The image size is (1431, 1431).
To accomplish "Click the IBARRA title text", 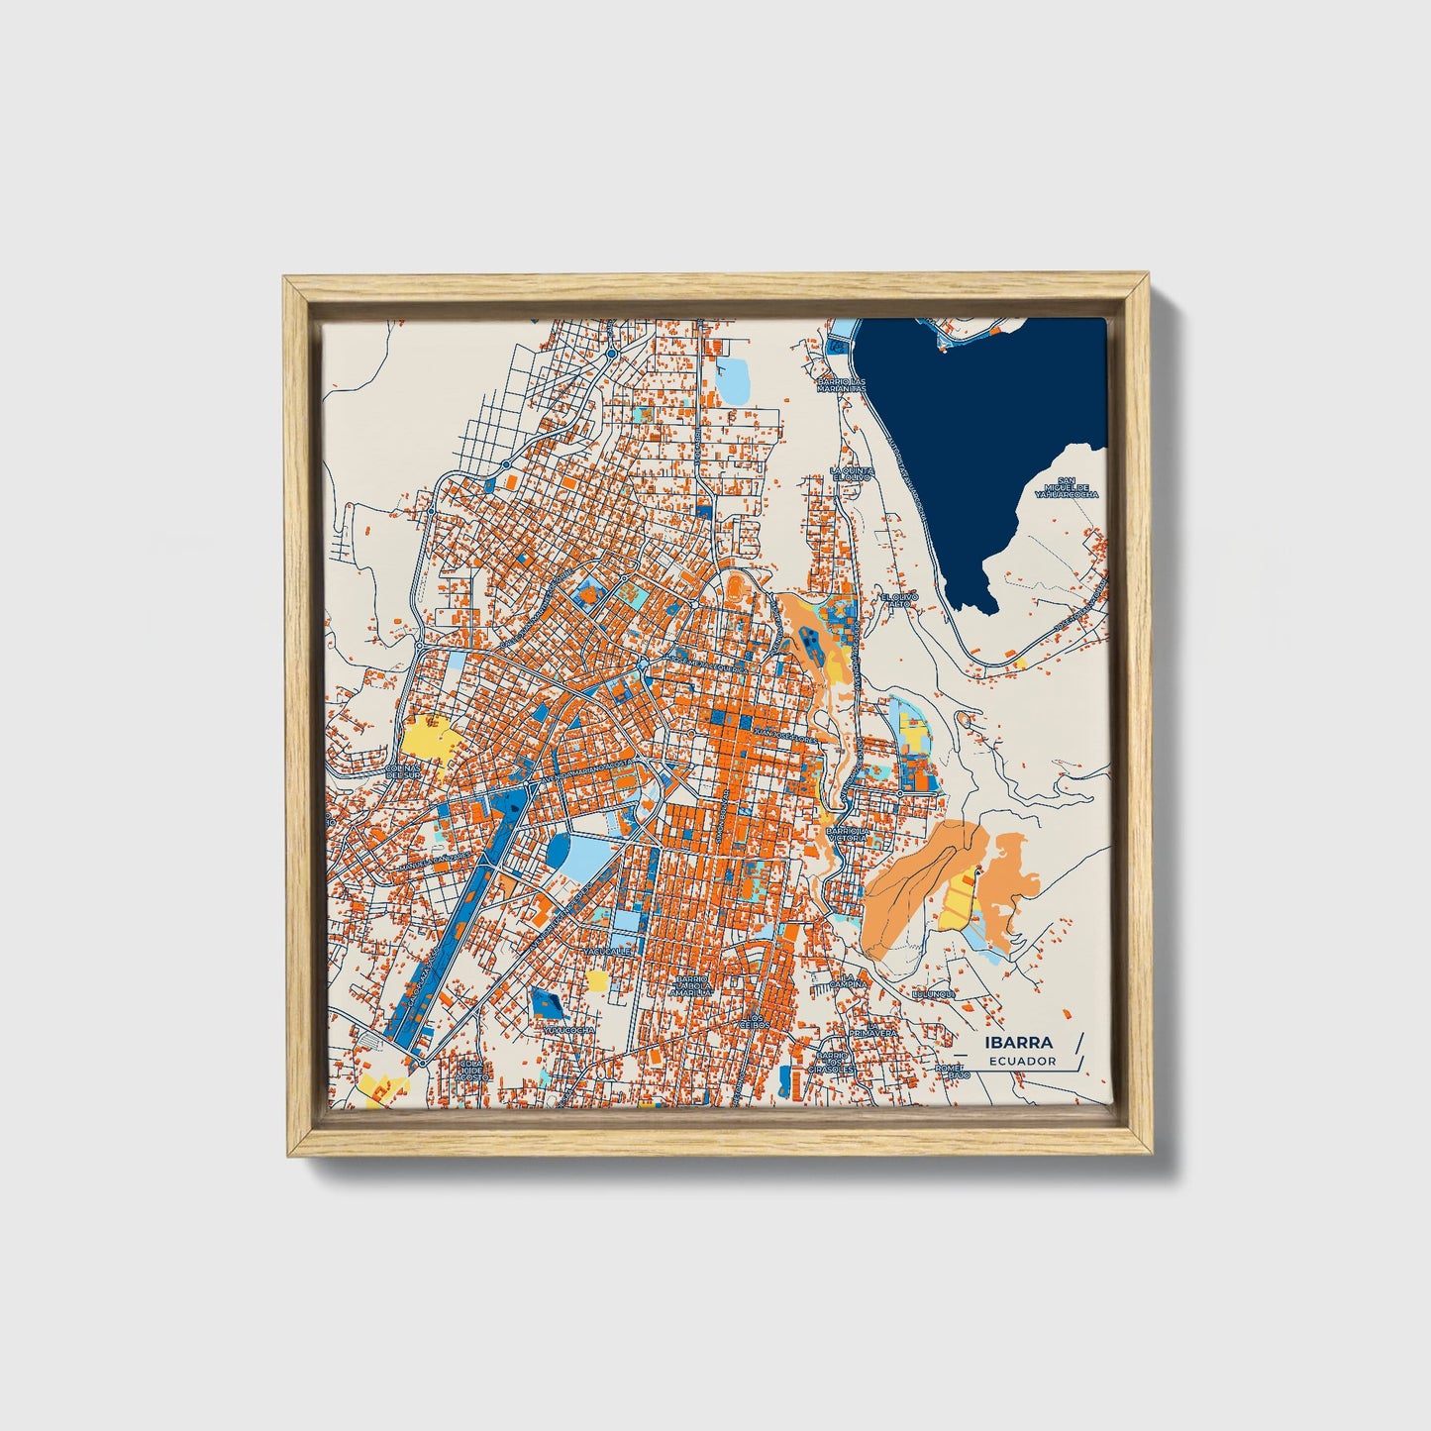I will (1019, 1043).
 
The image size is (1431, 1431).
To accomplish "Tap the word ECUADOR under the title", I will (1021, 1062).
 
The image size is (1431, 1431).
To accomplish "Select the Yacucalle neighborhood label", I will (607, 951).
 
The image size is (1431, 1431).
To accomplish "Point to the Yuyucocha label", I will (568, 1030).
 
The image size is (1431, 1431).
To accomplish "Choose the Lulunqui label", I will (932, 992).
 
